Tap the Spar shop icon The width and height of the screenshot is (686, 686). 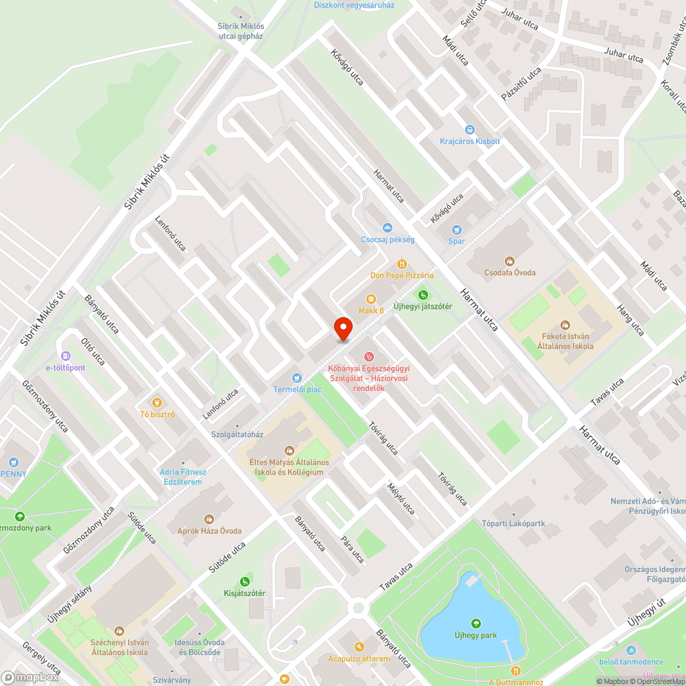pos(456,230)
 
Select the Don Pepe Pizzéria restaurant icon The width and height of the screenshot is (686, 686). pos(402,263)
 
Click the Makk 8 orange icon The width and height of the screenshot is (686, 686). pos(371,299)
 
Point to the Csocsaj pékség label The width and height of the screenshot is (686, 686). pos(388,239)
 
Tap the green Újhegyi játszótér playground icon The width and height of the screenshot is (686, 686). pos(423,294)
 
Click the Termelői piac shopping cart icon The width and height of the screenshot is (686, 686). pos(296,377)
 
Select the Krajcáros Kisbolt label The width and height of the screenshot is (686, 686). pos(470,141)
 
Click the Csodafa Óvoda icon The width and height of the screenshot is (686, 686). pos(509,261)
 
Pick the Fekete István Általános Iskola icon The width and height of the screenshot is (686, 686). pos(565,324)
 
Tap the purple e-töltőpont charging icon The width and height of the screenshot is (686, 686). pos(66,356)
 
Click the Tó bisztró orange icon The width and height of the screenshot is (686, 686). pos(157,402)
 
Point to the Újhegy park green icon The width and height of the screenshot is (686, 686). pos(475,624)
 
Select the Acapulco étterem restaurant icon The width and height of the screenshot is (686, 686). pos(359,646)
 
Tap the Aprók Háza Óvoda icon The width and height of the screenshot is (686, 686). pos(209,519)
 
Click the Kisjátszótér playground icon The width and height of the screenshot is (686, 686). pos(244,582)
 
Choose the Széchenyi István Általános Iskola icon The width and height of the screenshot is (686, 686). pos(119,630)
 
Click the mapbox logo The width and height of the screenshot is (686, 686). pos(30,676)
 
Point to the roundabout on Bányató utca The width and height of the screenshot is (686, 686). pos(357,607)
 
